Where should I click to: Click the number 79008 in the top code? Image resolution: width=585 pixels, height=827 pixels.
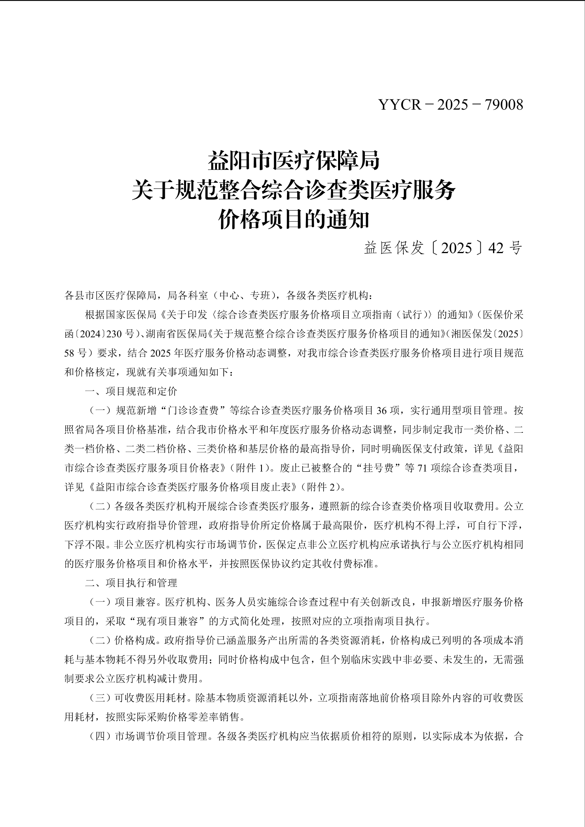pos(504,105)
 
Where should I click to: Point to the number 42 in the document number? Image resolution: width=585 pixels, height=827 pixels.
pos(496,248)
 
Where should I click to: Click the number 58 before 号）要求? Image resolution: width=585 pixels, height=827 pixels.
pos(69,353)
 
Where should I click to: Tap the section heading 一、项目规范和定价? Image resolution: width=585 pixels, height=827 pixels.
pos(131,391)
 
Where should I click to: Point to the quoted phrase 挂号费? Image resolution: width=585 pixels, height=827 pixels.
pos(378,468)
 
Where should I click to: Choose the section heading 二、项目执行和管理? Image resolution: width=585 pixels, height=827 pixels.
pos(131,583)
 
